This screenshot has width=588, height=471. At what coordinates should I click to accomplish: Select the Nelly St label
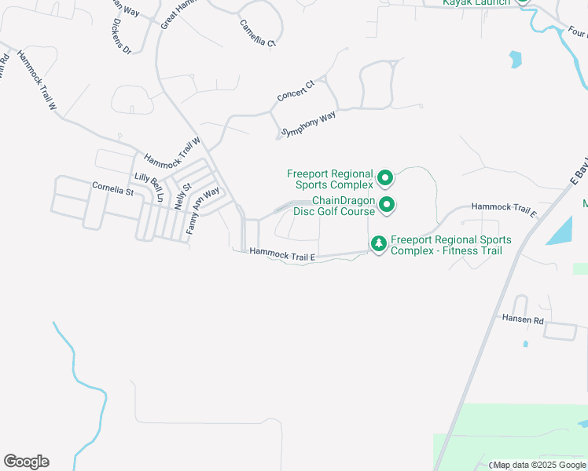coord(182,195)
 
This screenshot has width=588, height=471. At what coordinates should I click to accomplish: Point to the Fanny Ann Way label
coord(203,210)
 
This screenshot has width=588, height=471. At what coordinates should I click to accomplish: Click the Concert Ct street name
coord(296,90)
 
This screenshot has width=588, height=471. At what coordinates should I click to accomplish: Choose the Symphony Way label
coord(309,124)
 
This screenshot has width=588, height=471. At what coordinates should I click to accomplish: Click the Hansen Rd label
coord(522,319)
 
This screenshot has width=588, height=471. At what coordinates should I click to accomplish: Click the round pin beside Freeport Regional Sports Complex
coord(385,179)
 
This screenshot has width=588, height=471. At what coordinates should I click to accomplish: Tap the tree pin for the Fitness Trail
coord(379,245)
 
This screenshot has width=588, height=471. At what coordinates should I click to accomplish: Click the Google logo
coord(26,462)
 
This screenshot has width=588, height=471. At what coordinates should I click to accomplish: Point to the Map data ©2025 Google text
coord(540,465)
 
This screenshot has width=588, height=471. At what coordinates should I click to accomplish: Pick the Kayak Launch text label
coord(476,2)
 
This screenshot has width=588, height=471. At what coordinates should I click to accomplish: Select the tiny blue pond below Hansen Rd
coord(526,343)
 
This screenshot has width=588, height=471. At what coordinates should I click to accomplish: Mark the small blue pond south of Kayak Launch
coord(515,59)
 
